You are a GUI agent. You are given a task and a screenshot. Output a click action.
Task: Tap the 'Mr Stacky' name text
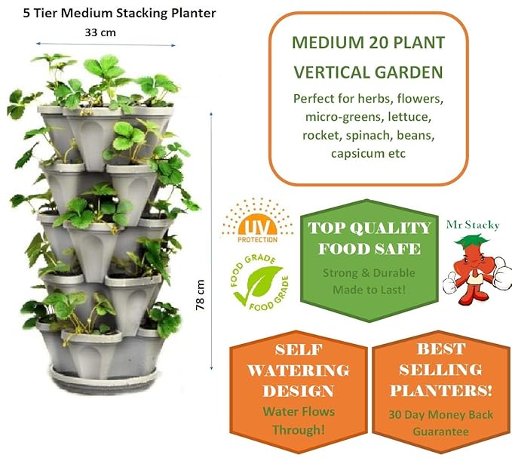(478, 225)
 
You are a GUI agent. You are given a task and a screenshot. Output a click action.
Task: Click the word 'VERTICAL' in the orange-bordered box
(334, 72)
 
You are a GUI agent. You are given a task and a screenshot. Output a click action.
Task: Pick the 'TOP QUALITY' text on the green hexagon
(369, 228)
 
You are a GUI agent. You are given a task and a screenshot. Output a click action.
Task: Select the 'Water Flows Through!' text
(299, 421)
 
